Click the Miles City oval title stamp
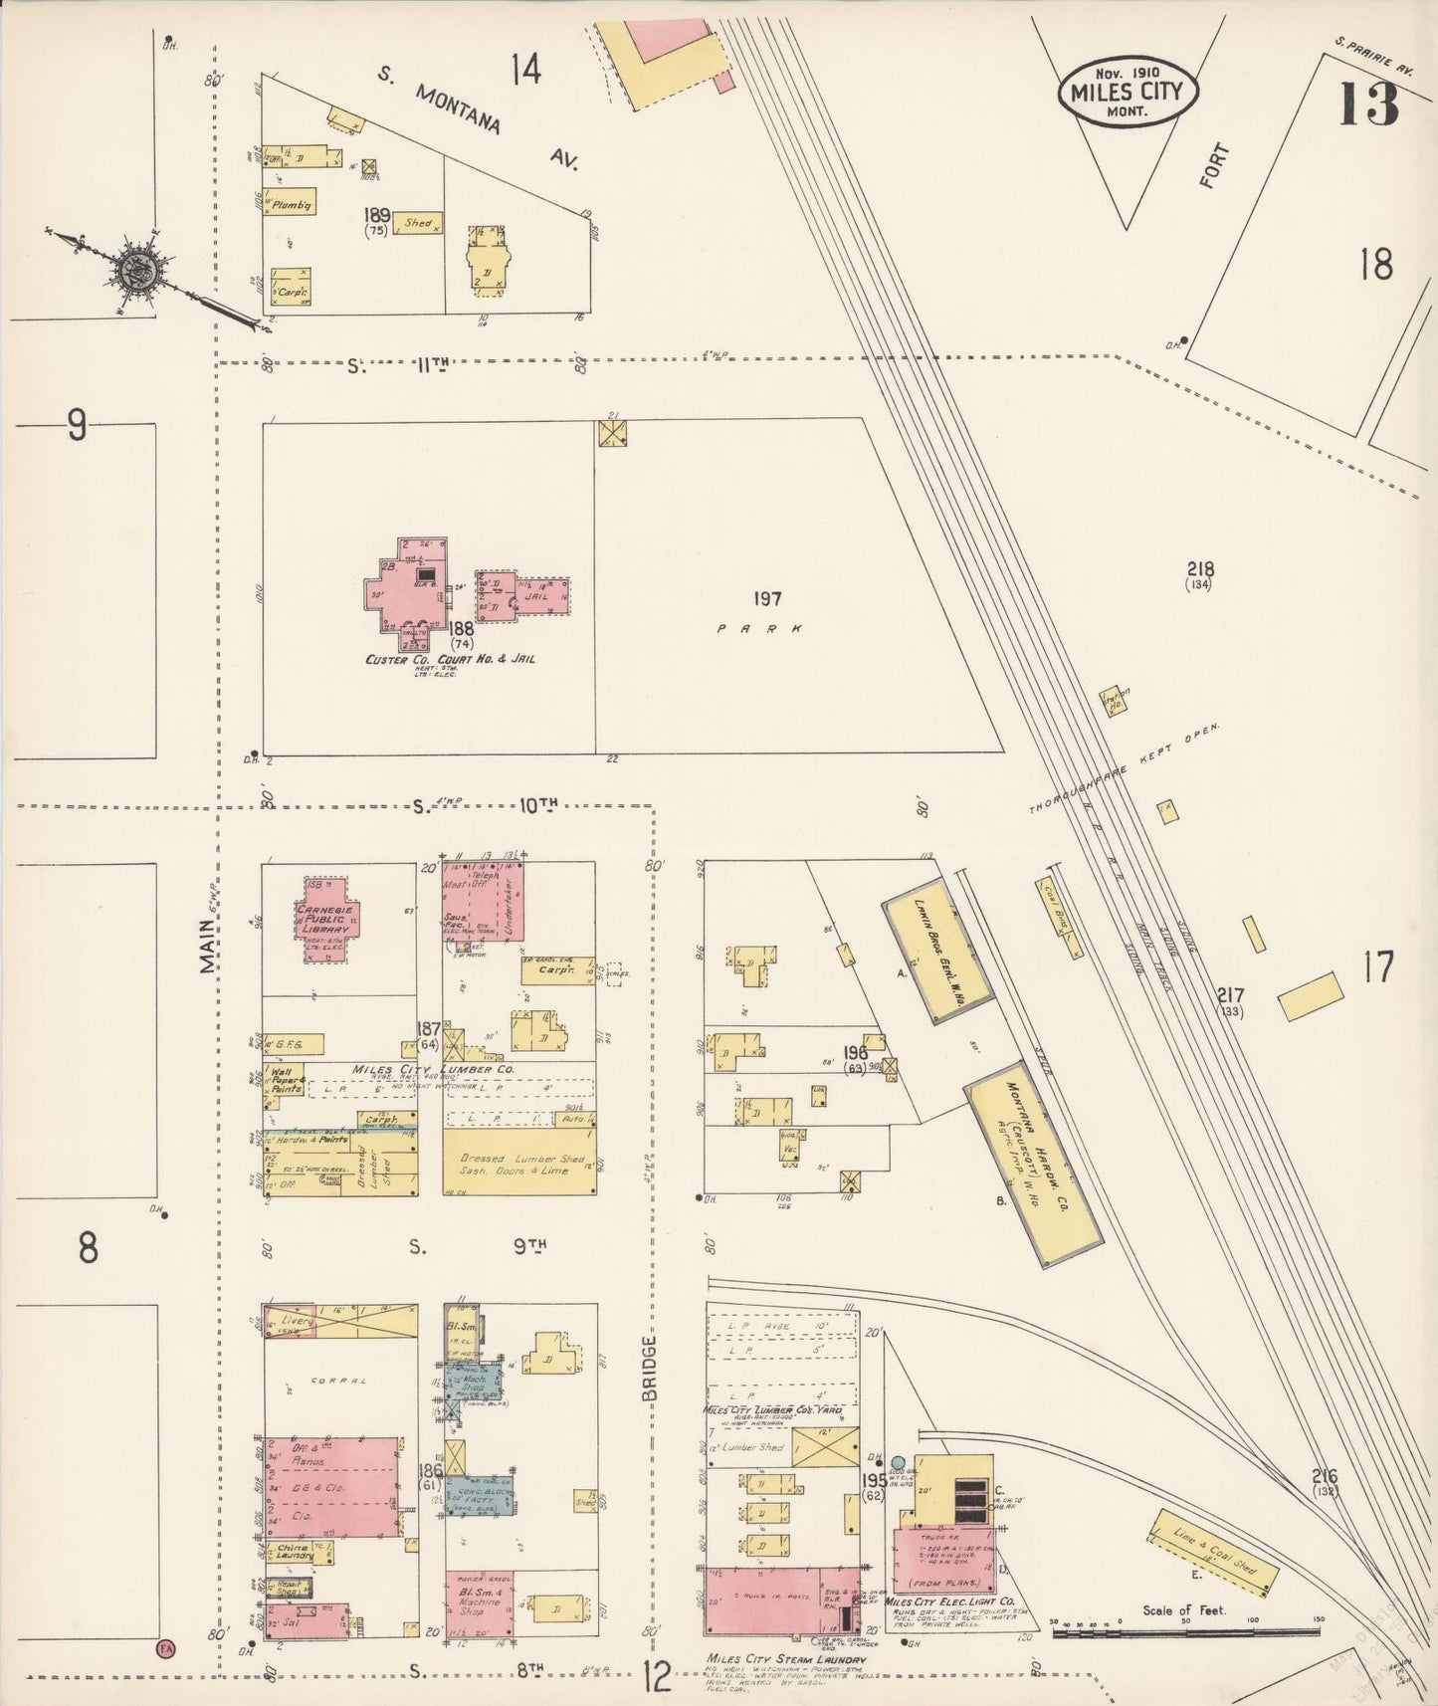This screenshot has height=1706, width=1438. point(1127,92)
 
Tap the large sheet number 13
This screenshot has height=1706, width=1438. point(1368,105)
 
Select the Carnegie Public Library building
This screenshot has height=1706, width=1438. point(328,920)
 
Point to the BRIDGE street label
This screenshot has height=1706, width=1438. point(650,1369)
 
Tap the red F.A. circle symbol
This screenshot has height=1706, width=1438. point(164,1649)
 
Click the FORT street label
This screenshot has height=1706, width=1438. point(1215,166)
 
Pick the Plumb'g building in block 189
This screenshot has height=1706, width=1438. point(290,202)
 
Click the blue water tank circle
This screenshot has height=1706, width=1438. point(898,1462)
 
